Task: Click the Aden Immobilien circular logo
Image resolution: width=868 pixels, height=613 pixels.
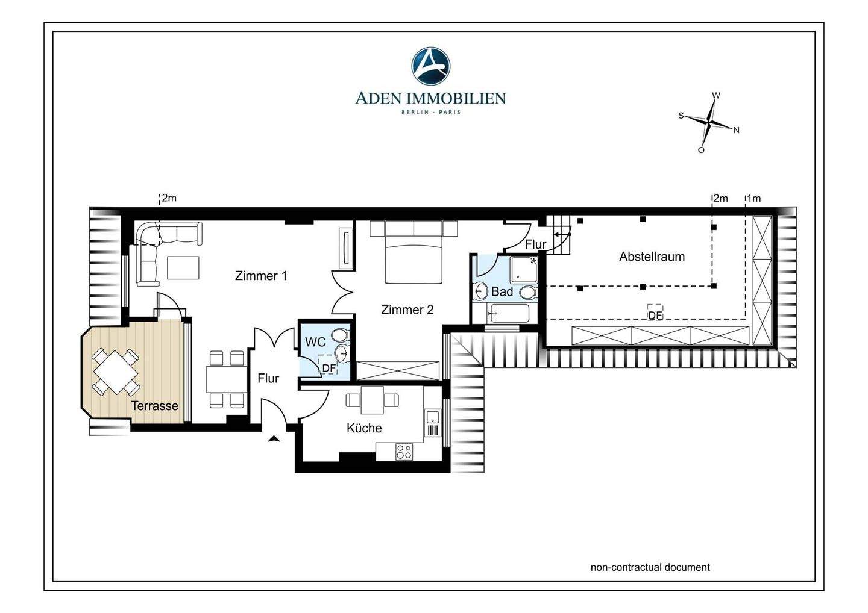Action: [x=430, y=66]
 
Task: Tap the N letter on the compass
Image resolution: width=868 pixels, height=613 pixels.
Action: [x=736, y=131]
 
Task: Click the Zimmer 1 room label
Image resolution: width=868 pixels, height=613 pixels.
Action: [x=261, y=276]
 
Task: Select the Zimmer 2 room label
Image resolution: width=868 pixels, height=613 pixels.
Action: [x=407, y=310]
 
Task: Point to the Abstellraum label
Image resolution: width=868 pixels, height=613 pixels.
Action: [x=652, y=257]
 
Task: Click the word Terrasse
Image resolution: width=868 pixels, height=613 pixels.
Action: [x=154, y=406]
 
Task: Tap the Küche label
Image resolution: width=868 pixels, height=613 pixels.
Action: [x=364, y=428]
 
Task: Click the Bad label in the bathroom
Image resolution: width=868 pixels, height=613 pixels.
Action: [x=502, y=291]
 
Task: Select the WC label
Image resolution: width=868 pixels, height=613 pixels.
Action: [x=315, y=342]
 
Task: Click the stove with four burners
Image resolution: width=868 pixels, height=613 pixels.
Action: [x=404, y=452]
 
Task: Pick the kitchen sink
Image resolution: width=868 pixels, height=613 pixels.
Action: [x=432, y=417]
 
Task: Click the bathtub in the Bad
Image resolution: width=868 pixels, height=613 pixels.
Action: [x=508, y=313]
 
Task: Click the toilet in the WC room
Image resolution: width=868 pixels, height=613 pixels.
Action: [x=341, y=335]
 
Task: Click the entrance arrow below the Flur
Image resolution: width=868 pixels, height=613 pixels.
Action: [x=274, y=438]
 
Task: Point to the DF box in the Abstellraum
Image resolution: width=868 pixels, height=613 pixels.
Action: [x=655, y=313]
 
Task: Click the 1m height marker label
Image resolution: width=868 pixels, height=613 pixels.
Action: [x=753, y=199]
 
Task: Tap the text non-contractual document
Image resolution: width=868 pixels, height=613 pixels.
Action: [x=650, y=567]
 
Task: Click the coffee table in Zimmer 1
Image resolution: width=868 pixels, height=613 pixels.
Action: [x=183, y=267]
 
